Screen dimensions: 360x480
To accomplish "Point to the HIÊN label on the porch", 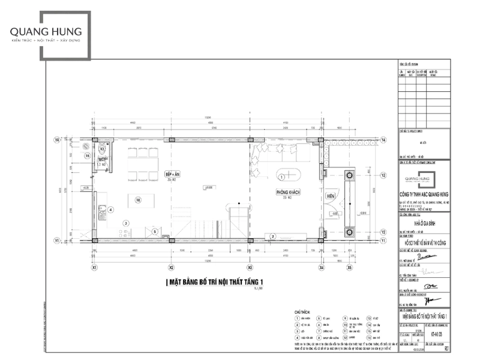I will coord(331,196).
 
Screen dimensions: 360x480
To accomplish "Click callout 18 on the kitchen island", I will coord(137,200).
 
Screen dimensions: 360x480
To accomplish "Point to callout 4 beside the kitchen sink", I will coord(110,209).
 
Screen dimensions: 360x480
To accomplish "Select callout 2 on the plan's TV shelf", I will coord(273,236).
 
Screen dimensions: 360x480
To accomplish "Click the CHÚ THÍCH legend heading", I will coord(302,313).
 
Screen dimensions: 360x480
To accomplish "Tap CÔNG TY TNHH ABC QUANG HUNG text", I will coord(424,194).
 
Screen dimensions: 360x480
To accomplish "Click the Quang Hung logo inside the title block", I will coord(424,178).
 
